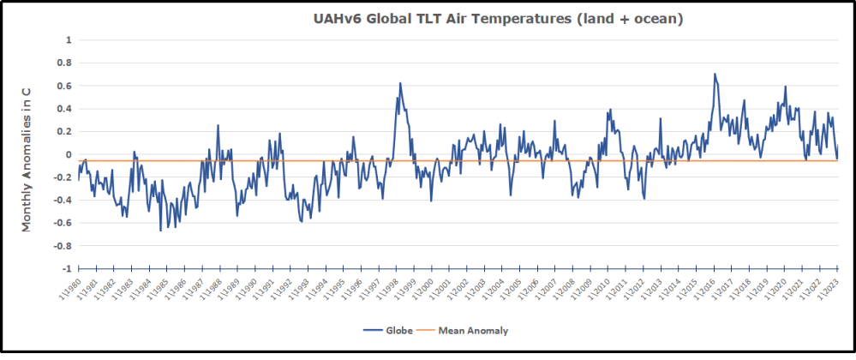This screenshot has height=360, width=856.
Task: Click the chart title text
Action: [x=497, y=19]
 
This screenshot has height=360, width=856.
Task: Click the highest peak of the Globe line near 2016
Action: [x=715, y=74]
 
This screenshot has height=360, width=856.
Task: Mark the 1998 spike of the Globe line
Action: [x=400, y=83]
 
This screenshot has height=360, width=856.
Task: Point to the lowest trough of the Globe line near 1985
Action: [x=160, y=231]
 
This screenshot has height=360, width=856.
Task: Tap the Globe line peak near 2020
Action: [x=785, y=86]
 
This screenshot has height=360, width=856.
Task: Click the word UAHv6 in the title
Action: [x=338, y=19]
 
